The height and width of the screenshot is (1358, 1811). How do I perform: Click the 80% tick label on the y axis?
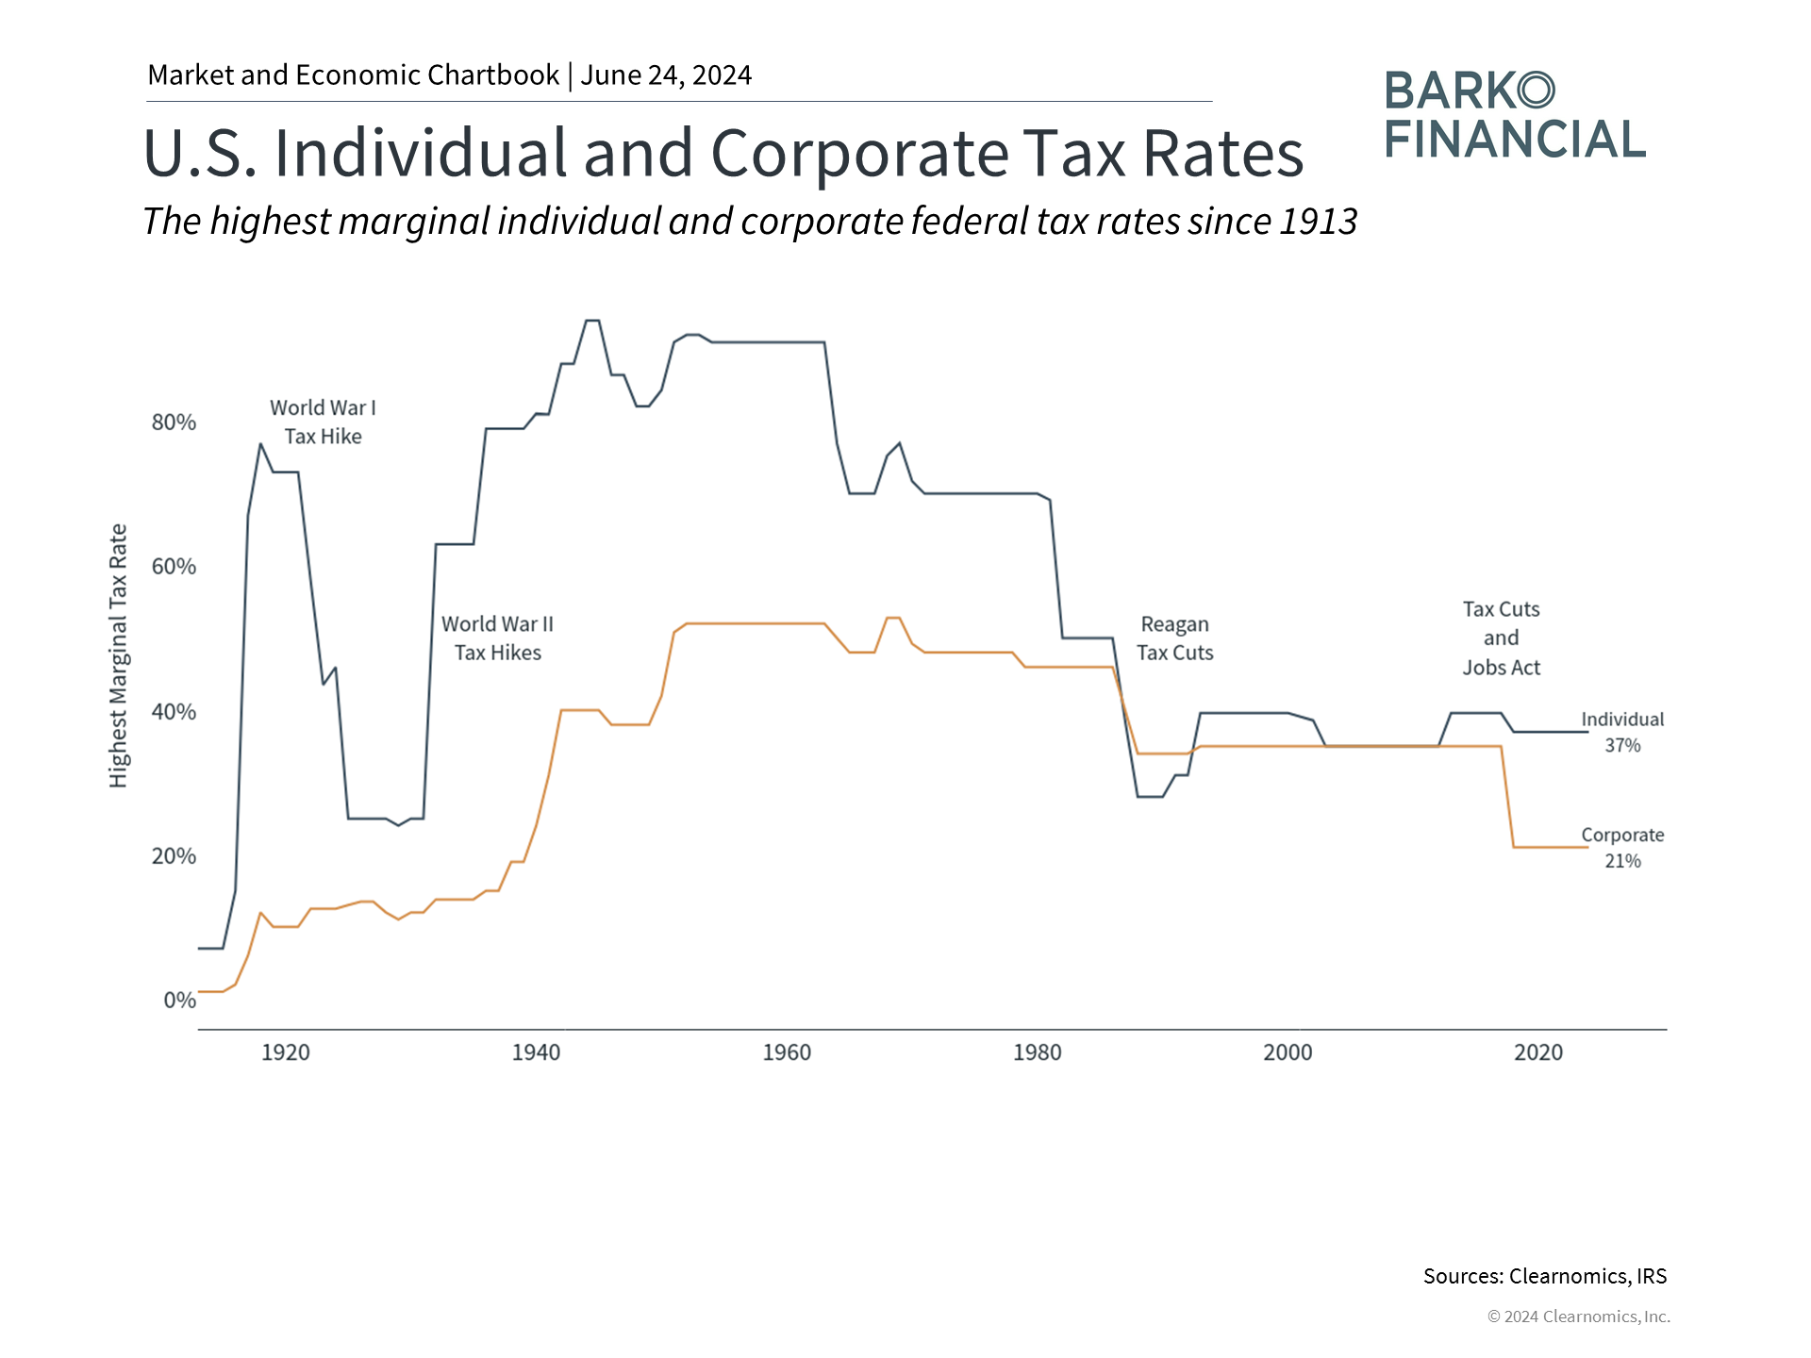pyautogui.click(x=174, y=422)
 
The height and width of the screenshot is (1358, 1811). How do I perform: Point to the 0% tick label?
pyautogui.click(x=179, y=1001)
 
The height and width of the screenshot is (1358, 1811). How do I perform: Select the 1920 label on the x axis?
pyautogui.click(x=285, y=1052)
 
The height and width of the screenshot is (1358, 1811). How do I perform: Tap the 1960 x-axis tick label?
pyautogui.click(x=787, y=1052)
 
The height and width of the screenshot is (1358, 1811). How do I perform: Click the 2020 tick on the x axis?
pyautogui.click(x=1537, y=1052)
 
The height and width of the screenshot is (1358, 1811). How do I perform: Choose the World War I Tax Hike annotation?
pyautogui.click(x=323, y=422)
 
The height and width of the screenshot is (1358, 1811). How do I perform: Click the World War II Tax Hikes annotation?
pyautogui.click(x=497, y=638)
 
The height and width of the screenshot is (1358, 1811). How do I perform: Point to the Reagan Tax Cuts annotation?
pyautogui.click(x=1174, y=638)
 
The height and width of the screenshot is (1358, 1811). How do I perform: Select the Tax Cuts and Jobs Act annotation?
pyautogui.click(x=1501, y=638)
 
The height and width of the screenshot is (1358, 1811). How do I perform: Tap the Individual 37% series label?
pyautogui.click(x=1622, y=732)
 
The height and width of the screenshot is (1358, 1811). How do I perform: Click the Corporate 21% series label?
pyautogui.click(x=1622, y=848)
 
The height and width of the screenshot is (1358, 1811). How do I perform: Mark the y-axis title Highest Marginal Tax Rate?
pyautogui.click(x=118, y=655)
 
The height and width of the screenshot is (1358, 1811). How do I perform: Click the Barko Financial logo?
pyautogui.click(x=1515, y=115)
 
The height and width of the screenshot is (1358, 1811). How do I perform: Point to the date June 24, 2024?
pyautogui.click(x=666, y=75)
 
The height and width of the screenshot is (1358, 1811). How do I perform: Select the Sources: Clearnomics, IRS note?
pyautogui.click(x=1545, y=1276)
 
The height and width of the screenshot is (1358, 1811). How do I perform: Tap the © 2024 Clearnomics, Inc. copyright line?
pyautogui.click(x=1578, y=1317)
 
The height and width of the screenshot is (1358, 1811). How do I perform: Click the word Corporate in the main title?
pyautogui.click(x=858, y=153)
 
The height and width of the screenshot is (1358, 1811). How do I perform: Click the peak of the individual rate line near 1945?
pyautogui.click(x=592, y=322)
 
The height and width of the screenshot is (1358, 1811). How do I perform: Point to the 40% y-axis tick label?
pyautogui.click(x=174, y=712)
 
